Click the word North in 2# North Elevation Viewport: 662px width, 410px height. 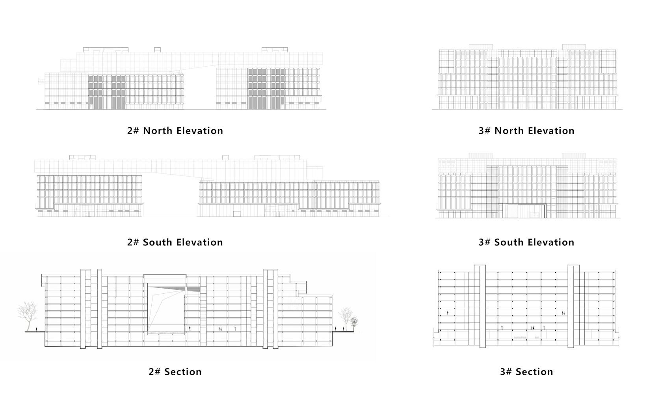pyautogui.click(x=158, y=130)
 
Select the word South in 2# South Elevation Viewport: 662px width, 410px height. pyautogui.click(x=158, y=242)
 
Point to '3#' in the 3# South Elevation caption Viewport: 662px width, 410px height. pyautogui.click(x=485, y=242)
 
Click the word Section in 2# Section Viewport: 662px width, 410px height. pyautogui.click(x=183, y=372)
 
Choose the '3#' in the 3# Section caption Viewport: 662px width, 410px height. pyautogui.click(x=506, y=372)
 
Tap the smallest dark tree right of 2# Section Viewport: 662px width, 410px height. pyautogui.click(x=354, y=324)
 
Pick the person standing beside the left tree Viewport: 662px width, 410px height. pyautogui.click(x=37, y=329)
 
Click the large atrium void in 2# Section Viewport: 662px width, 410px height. pyautogui.click(x=166, y=309)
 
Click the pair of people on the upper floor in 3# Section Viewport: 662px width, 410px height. pyautogui.click(x=563, y=313)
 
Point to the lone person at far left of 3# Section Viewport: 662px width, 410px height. pyautogui.click(x=448, y=313)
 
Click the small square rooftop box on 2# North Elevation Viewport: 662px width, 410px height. pyautogui.click(x=158, y=50)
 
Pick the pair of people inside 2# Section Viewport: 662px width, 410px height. pyautogui.click(x=220, y=329)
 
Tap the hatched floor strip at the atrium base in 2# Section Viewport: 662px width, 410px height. pyautogui.click(x=166, y=333)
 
